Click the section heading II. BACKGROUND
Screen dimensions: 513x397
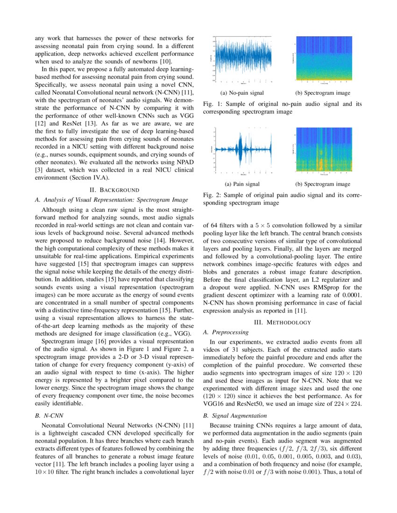click(x=114, y=190)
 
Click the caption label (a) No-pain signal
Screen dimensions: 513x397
click(x=241, y=93)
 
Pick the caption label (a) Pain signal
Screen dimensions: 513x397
click(x=242, y=184)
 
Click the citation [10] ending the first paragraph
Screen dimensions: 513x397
click(x=167, y=61)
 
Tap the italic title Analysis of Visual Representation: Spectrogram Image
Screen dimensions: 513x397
click(x=111, y=200)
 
